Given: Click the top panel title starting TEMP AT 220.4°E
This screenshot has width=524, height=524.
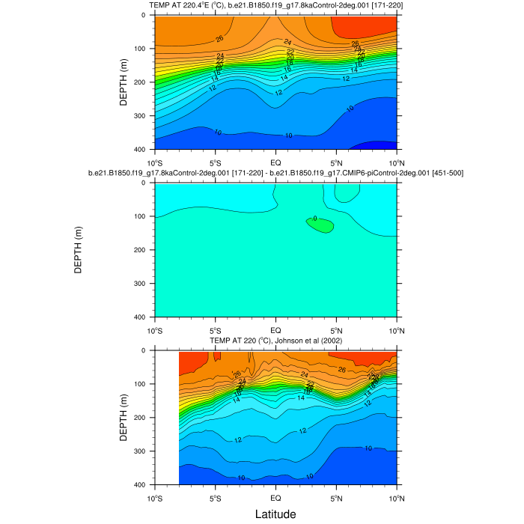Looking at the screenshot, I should coord(275,6).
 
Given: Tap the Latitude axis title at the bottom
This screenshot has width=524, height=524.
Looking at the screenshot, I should coord(275,514).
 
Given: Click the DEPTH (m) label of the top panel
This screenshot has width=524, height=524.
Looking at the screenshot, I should coord(124,82).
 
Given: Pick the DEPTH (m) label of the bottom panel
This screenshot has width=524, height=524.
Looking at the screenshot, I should coord(124,418).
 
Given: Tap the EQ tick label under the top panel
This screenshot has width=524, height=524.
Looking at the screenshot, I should coord(275,162).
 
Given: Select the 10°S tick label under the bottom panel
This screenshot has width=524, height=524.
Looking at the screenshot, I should coord(155,498).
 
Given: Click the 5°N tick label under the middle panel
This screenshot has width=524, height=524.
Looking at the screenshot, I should coord(335,330).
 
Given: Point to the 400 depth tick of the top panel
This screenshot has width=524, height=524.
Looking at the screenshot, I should coord(142,150).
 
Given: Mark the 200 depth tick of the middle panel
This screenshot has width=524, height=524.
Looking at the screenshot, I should coord(142,250).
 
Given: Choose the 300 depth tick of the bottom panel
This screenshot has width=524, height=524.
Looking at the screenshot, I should coord(142,451).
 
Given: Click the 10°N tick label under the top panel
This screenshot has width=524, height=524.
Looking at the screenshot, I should coord(395,162).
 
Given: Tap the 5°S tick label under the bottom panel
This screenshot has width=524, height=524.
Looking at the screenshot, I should coord(215,498).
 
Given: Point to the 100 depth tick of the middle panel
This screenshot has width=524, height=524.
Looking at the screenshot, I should coord(142,216).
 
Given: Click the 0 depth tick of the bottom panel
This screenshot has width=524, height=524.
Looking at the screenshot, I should coord(145,350).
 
